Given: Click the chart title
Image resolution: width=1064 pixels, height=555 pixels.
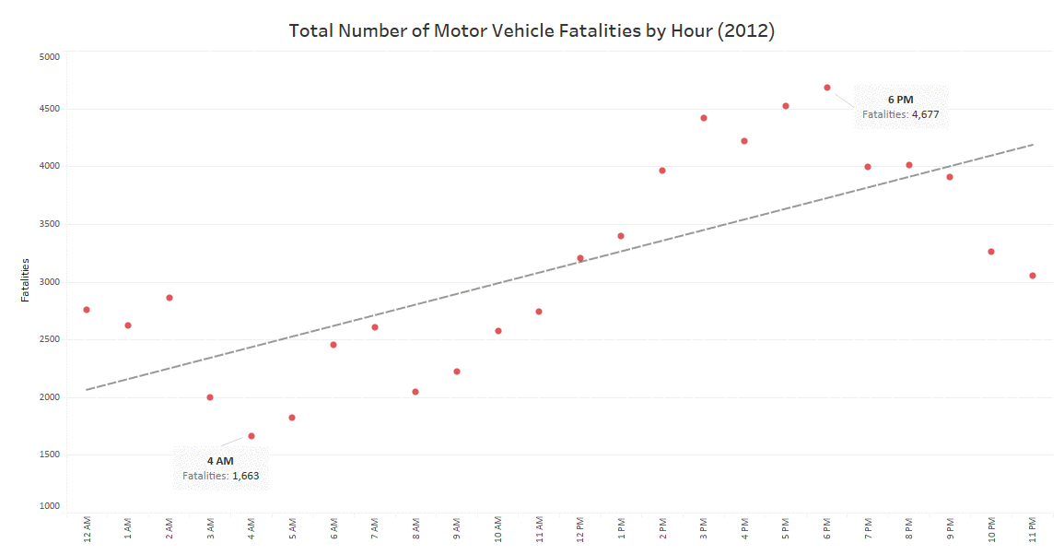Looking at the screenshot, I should coord(532,30).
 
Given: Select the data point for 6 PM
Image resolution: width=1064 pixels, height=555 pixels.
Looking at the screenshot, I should coord(827,88).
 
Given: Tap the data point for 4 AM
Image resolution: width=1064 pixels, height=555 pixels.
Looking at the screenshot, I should coord(251,436).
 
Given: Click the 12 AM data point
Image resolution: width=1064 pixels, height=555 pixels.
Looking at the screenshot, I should coord(87,310).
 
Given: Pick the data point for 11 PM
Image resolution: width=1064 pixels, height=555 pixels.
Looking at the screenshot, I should coord(1033,276).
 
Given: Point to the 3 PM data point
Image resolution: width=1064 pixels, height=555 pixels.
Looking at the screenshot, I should coord(704,118).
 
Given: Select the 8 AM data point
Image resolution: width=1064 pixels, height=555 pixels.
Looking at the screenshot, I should coord(415,392).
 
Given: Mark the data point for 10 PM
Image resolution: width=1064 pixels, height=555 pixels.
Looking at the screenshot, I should coord(991,252).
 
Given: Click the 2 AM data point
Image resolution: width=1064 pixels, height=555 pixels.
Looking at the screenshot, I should coord(170,298).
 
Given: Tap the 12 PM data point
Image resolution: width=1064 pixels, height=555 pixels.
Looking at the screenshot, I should coord(580,258).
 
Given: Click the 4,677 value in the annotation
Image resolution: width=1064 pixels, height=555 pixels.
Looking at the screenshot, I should coord(925,114).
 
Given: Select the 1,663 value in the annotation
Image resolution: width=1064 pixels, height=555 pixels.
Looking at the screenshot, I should coord(245,476).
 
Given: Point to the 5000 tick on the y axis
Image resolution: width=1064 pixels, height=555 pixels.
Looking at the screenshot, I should coord(48,56).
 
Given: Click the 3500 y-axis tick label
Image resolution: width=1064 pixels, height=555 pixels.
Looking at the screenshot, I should coord(48,224).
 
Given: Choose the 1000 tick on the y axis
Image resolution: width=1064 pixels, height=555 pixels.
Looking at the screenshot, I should coord(48,506).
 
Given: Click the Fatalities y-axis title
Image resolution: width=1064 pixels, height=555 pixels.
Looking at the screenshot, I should coord(26,280).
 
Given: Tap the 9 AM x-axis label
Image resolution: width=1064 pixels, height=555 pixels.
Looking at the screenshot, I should coord(457,530).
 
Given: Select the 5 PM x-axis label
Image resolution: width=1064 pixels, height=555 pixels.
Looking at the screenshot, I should coord(786,530).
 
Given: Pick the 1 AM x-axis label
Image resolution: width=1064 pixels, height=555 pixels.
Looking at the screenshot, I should coord(128,530).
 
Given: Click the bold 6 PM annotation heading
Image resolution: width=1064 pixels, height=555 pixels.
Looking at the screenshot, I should coord(901,100).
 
